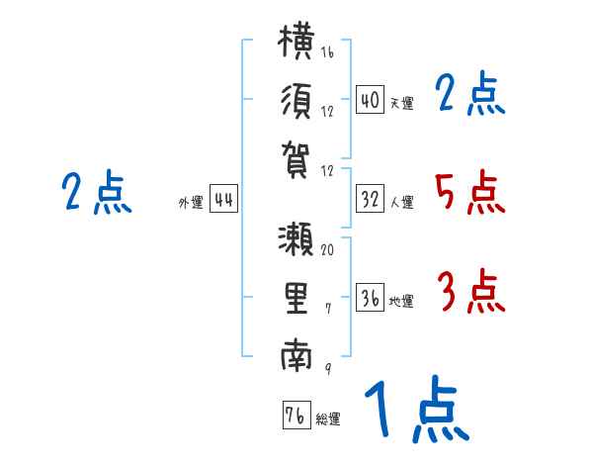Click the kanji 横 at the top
[x=296, y=41]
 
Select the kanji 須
[x=296, y=101]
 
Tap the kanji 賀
[x=296, y=160]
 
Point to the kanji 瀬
[x=296, y=238]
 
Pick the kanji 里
[x=296, y=298]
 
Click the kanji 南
[x=296, y=355]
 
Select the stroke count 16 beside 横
[x=327, y=51]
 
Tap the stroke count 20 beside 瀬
[x=327, y=249]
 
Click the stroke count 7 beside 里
[x=328, y=309]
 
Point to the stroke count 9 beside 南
[x=328, y=368]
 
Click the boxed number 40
[x=370, y=100]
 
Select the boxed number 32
[x=370, y=199]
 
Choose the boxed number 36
[x=370, y=298]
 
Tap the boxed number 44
[x=223, y=199]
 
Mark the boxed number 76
[x=296, y=416]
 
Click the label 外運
[x=191, y=202]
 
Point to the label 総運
[x=328, y=419]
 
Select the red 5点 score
[x=469, y=192]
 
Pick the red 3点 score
[x=470, y=291]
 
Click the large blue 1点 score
[x=416, y=409]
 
